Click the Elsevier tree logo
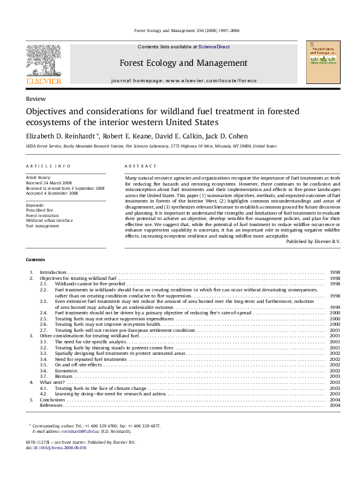[43, 60]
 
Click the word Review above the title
[34, 98]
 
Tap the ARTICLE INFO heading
[48, 166]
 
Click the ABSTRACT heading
[136, 166]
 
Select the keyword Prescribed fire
[39, 210]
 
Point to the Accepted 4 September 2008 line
[52, 193]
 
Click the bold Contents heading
[35, 260]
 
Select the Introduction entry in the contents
[53, 273]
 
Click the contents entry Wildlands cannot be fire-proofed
[90, 284]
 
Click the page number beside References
[335, 405]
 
